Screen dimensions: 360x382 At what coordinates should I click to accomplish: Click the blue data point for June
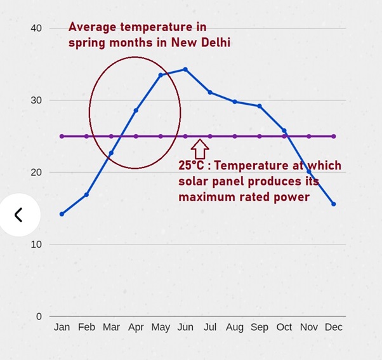(x=185, y=69)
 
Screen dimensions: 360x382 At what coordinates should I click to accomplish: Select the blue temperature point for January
(x=62, y=214)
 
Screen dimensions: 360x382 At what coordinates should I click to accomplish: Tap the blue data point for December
(x=334, y=204)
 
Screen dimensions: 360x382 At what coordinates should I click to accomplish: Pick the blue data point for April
(x=136, y=110)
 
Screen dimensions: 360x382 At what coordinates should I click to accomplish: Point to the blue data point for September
(x=260, y=106)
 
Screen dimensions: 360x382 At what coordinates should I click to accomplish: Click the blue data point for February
(x=86, y=194)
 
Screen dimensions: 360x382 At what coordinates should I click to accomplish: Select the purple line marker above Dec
(x=334, y=136)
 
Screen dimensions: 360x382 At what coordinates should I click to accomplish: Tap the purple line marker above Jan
(x=62, y=136)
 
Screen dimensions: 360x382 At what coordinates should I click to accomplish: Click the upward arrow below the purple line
(x=200, y=149)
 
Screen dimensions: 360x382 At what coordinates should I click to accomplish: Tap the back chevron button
(x=18, y=215)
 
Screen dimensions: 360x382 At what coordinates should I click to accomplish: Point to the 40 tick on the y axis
(x=36, y=28)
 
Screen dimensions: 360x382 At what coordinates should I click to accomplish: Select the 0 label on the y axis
(x=39, y=316)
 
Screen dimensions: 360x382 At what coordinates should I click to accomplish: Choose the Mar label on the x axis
(x=111, y=327)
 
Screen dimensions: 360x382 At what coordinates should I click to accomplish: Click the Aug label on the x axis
(x=235, y=327)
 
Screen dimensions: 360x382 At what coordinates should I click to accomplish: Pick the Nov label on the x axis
(x=309, y=327)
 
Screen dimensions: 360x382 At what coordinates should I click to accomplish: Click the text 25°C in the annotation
(x=192, y=166)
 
